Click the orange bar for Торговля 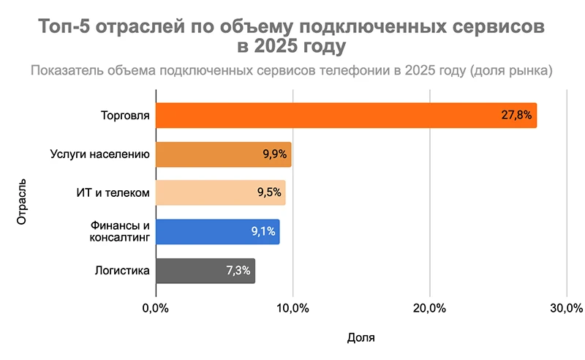pyautogui.click(x=322, y=116)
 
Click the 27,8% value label pyautogui.click(x=516, y=116)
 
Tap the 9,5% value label pyautogui.click(x=268, y=193)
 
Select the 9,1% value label pyautogui.click(x=263, y=232)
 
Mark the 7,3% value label pyautogui.click(x=238, y=271)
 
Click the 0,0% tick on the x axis pyautogui.click(x=156, y=306)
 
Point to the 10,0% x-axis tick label pyautogui.click(x=292, y=306)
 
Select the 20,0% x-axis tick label pyautogui.click(x=430, y=306)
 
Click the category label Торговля pyautogui.click(x=126, y=116)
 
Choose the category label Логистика pyautogui.click(x=123, y=271)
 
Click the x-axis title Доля pyautogui.click(x=361, y=337)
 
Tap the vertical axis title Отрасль pyautogui.click(x=23, y=199)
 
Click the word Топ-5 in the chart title pyautogui.click(x=68, y=28)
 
